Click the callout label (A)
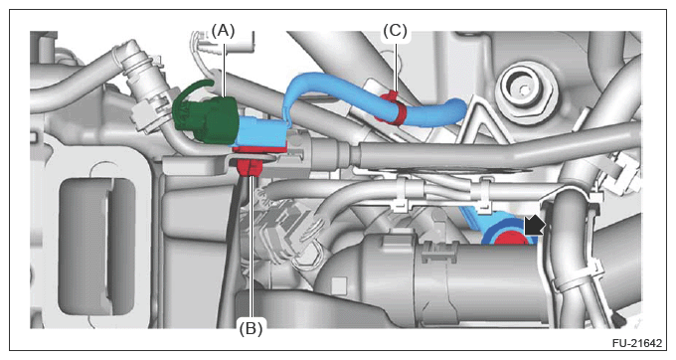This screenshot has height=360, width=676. (224, 31)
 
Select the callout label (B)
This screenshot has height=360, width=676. (251, 329)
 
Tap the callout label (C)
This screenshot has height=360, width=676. (395, 31)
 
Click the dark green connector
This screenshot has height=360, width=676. (205, 113)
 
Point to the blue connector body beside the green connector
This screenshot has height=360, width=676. (261, 132)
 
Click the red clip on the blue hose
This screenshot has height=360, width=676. (392, 107)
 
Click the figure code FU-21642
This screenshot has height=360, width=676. (637, 343)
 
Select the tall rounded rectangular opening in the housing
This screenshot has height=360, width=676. (97, 247)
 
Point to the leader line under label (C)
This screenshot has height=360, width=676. (396, 66)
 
